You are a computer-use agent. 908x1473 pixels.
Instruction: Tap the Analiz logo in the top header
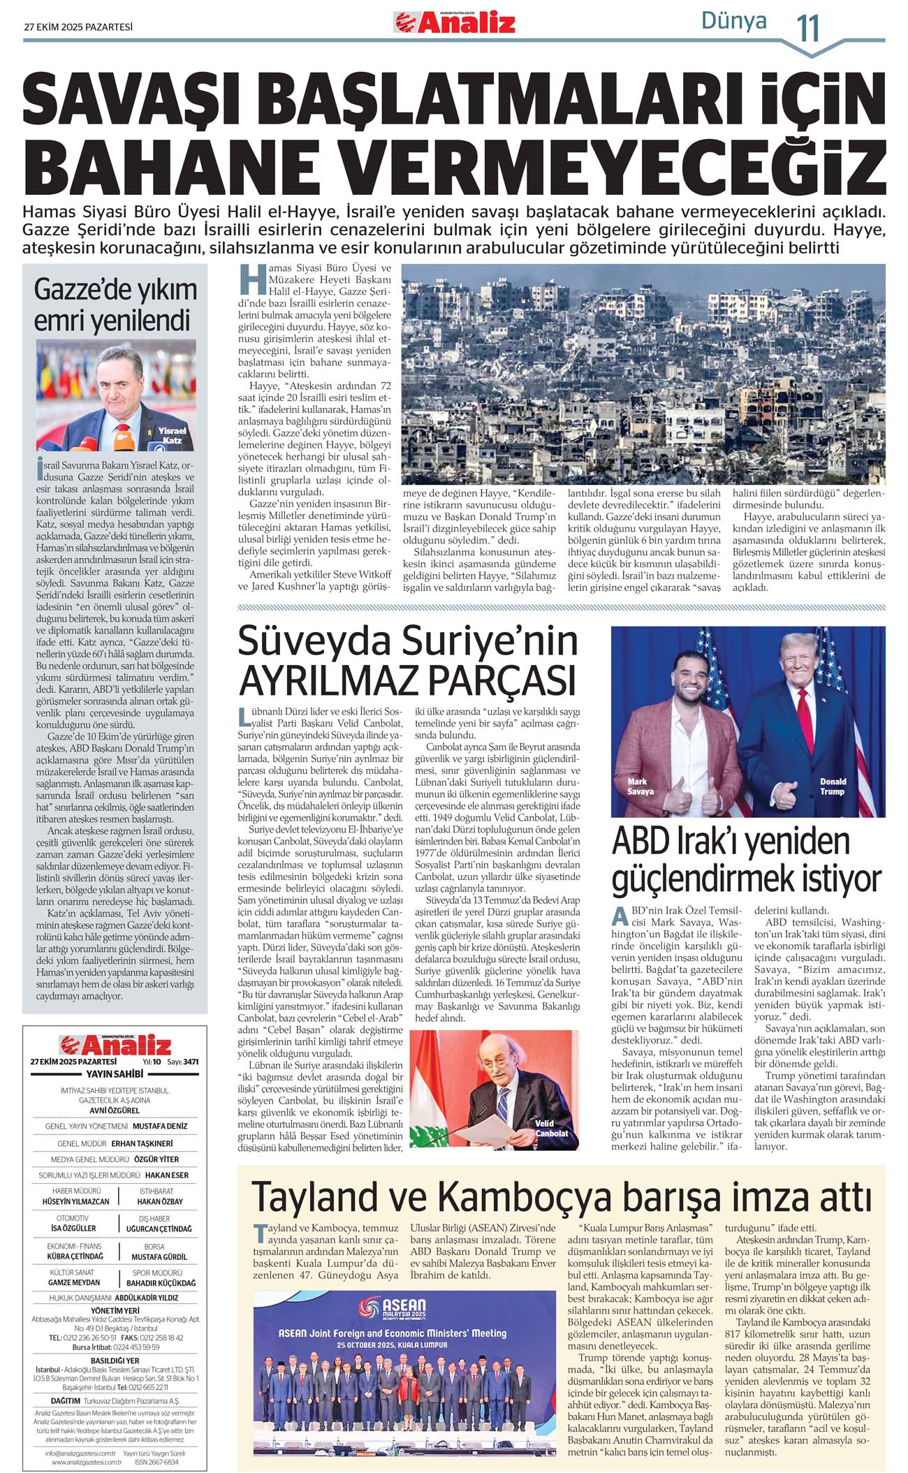(455, 22)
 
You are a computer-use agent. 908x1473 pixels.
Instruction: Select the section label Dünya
(733, 21)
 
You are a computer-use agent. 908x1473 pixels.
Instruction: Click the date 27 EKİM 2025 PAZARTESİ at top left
(78, 27)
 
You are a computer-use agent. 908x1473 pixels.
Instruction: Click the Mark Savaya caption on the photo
(640, 786)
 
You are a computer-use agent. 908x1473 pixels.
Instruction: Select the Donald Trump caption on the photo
(833, 786)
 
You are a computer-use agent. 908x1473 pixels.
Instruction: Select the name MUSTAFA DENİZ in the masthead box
(160, 1126)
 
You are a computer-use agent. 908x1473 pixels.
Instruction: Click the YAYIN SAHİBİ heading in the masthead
(115, 1073)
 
